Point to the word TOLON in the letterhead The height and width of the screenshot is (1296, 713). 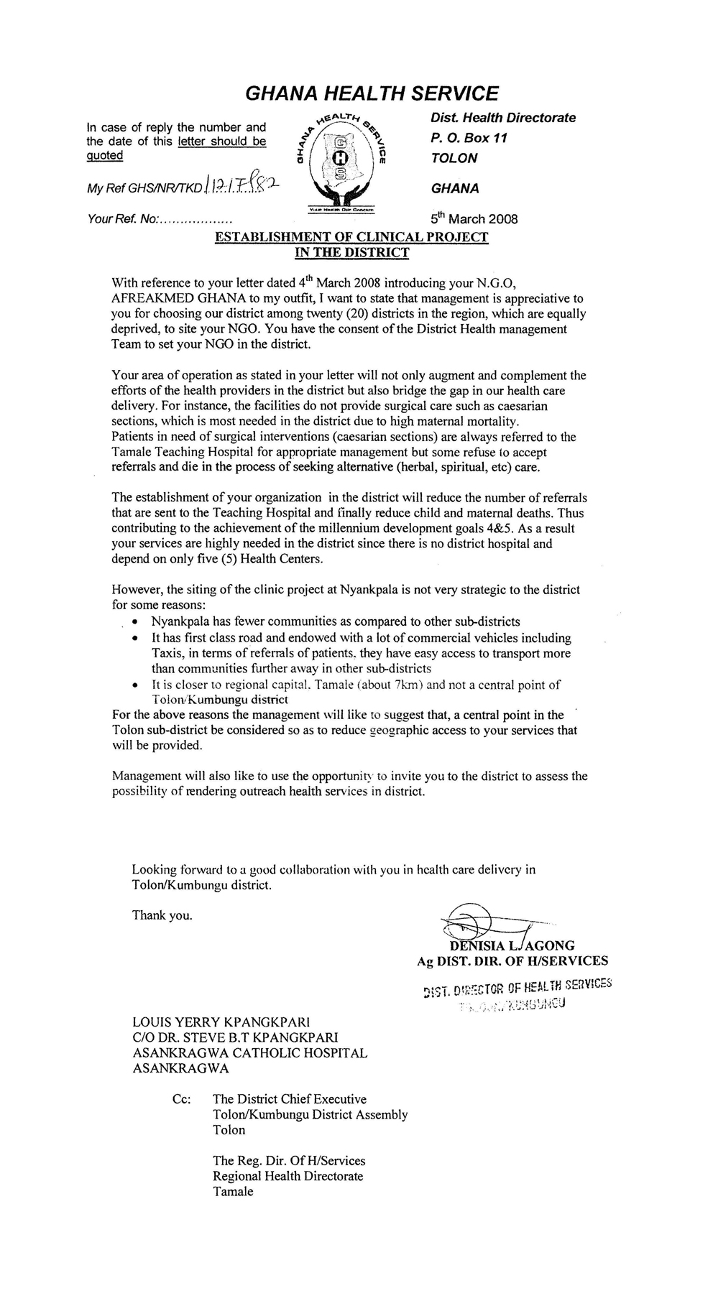tap(454, 158)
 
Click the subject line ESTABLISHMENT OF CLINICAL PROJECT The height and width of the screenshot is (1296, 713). tap(352, 238)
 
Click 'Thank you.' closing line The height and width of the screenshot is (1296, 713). tap(162, 915)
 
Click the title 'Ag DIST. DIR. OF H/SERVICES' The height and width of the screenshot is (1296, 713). tap(512, 961)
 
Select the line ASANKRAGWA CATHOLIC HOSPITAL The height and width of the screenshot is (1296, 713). tap(250, 1052)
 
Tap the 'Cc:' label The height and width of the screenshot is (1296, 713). tap(183, 1099)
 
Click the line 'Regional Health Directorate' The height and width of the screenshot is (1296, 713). tap(287, 1176)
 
